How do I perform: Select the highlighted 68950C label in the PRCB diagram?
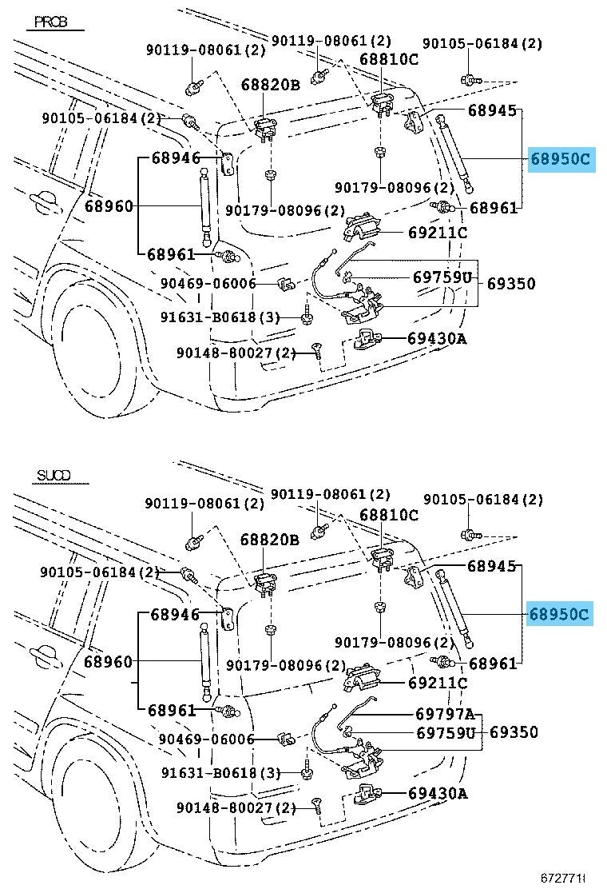tap(560, 159)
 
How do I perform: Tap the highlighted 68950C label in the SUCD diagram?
tap(560, 614)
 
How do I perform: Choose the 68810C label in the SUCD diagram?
tap(389, 515)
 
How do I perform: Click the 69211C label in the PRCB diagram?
tap(436, 233)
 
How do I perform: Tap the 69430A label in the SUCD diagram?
tap(436, 793)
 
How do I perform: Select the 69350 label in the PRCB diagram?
tap(511, 283)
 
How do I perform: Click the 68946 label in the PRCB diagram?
tap(176, 157)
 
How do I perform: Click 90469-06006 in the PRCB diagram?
tap(207, 283)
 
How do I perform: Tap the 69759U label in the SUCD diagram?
tap(445, 732)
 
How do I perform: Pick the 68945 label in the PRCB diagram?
tap(492, 110)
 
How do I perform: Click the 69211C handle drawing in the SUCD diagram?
tap(360, 682)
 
